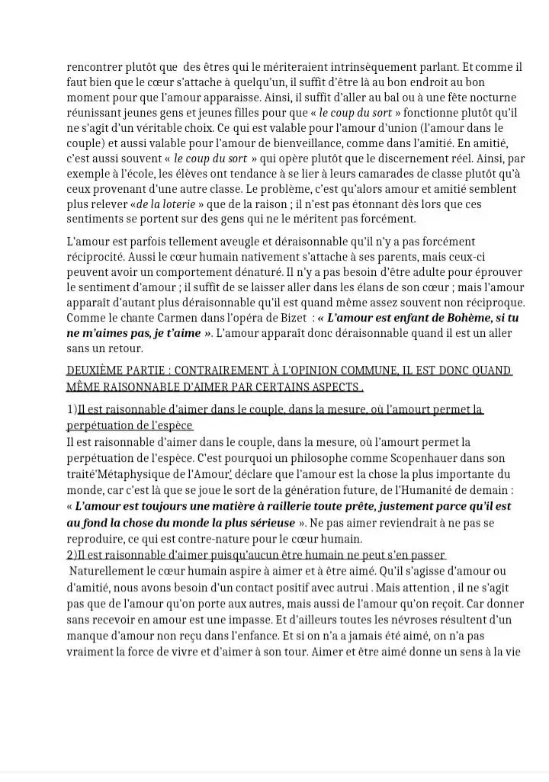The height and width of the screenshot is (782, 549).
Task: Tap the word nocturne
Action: [490, 98]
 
